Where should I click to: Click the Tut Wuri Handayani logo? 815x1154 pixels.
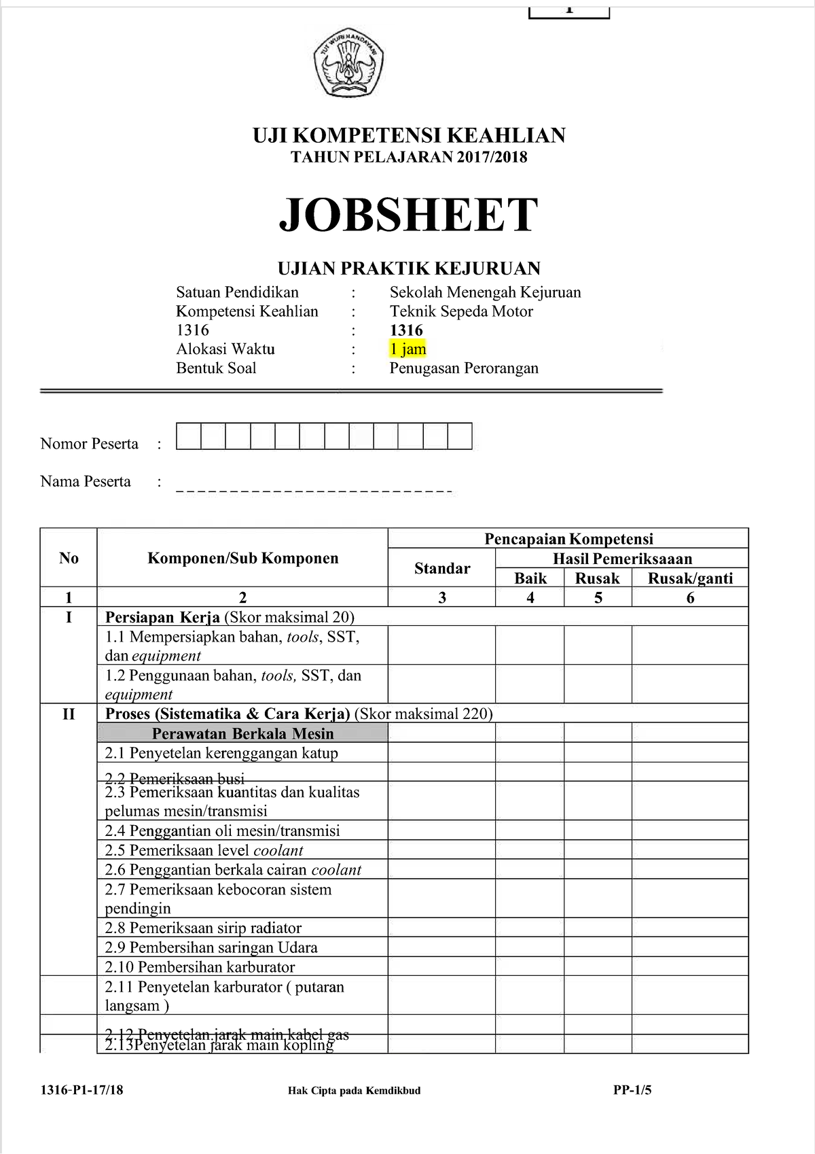348,63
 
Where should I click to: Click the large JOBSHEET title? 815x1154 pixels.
409,215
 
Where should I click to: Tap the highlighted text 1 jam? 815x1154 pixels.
407,349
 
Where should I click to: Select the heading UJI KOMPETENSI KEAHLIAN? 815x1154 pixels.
409,135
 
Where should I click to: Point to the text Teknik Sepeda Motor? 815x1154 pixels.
461,311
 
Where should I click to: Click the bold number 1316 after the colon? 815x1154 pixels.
406,330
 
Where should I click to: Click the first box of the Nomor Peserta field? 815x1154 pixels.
188,436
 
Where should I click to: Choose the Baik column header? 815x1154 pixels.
530,578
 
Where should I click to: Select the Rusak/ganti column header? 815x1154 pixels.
690,578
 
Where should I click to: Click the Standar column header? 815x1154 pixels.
441,568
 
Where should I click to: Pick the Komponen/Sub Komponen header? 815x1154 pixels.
242,559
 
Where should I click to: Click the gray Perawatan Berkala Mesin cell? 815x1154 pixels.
242,733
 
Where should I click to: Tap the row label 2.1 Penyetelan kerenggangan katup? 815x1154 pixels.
221,753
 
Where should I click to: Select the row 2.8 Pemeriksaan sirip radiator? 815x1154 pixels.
203,928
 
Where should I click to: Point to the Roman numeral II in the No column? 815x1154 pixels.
69,714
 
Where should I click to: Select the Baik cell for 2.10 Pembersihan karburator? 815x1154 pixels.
530,967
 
